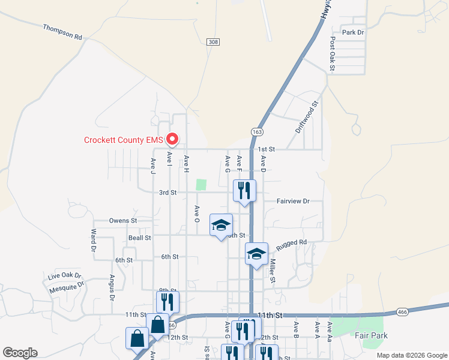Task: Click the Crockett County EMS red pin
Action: point(172,139)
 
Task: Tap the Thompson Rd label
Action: point(62,32)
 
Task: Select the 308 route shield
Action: point(212,42)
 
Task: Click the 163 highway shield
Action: point(258,131)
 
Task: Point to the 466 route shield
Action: point(403,312)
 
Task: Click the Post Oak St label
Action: point(332,53)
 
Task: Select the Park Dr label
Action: point(352,32)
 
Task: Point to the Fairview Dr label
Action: point(293,202)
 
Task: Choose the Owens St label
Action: point(123,221)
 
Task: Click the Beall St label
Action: point(139,238)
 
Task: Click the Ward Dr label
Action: point(94,239)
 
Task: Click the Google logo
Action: point(20,353)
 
